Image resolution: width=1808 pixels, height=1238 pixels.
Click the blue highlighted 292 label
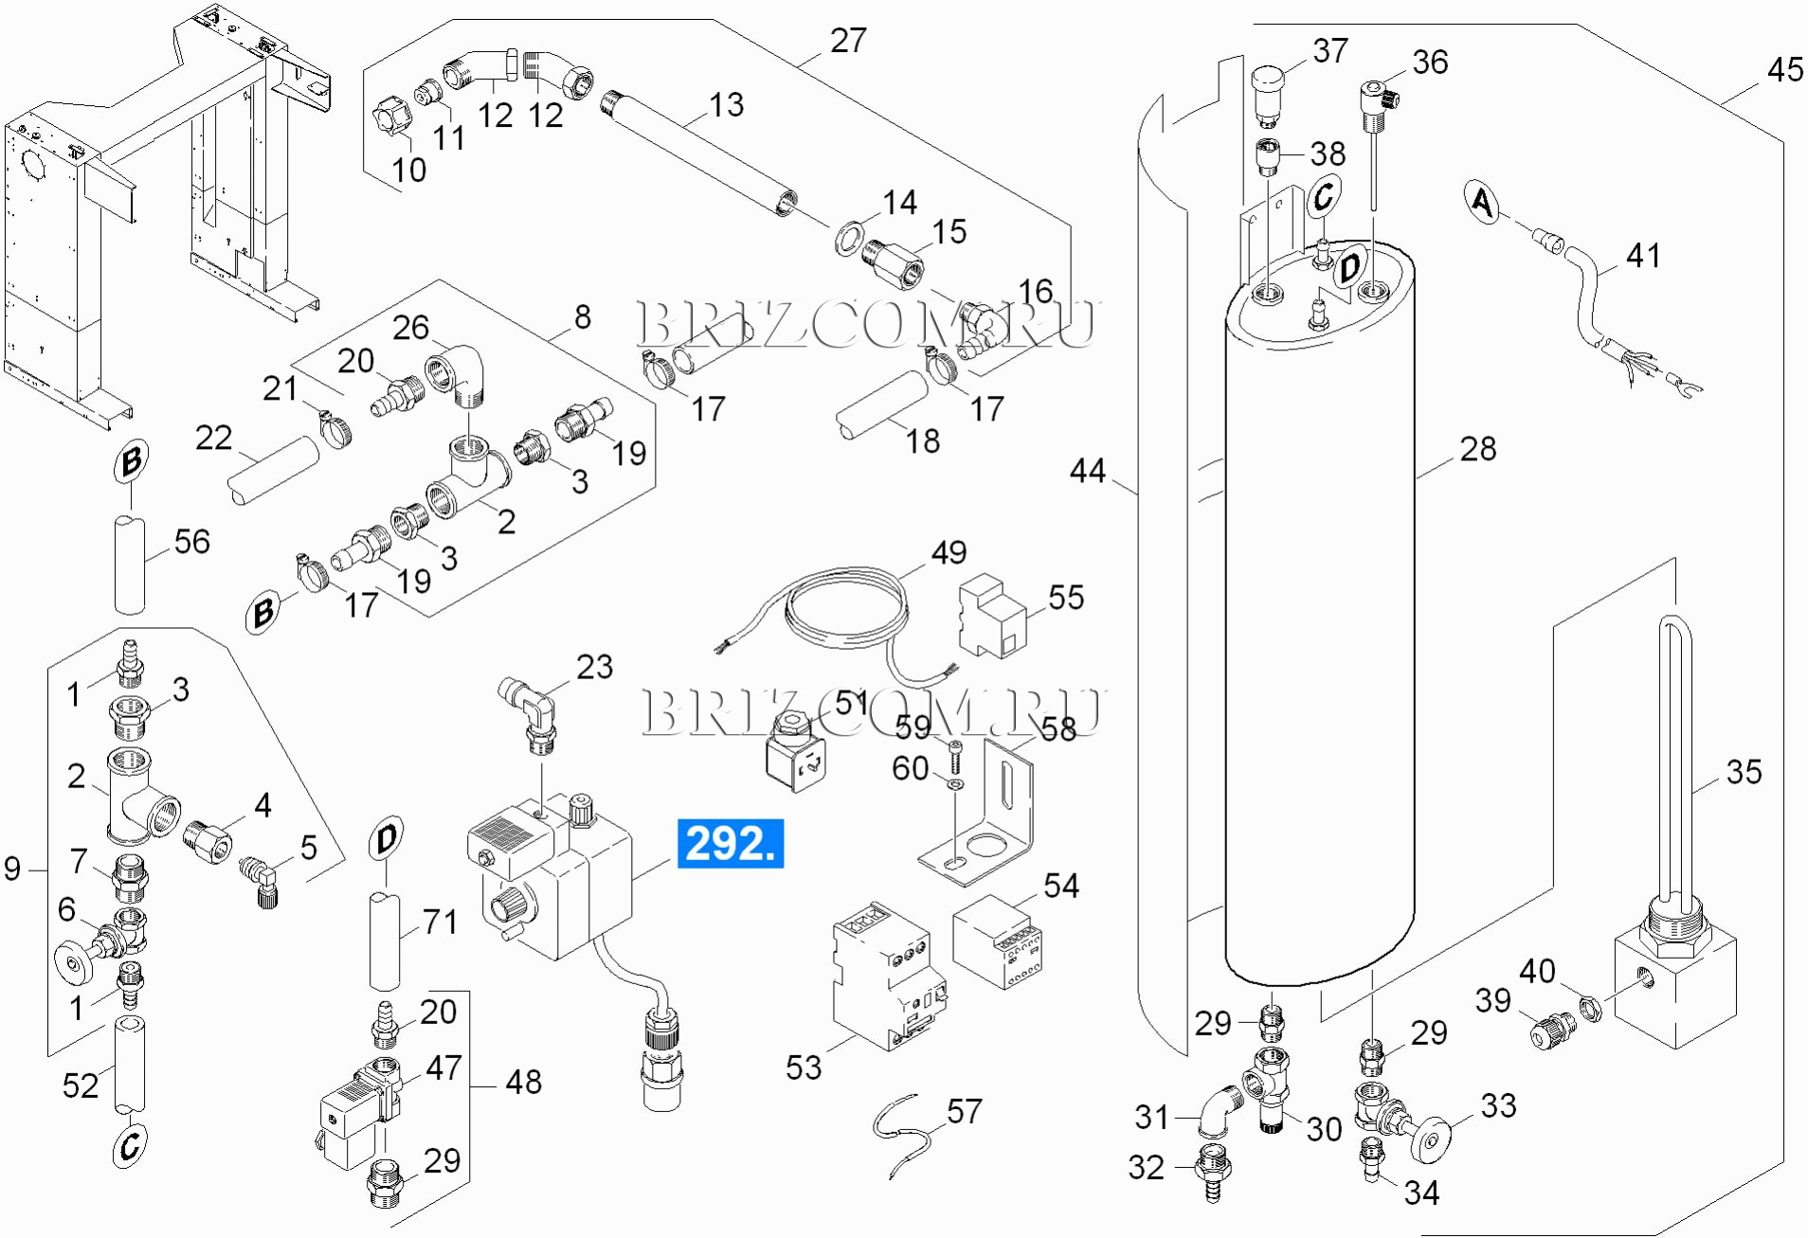pyautogui.click(x=730, y=843)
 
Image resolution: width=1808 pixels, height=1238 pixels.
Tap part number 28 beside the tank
pyautogui.click(x=1477, y=448)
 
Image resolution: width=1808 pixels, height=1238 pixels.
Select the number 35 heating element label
pyautogui.click(x=1744, y=771)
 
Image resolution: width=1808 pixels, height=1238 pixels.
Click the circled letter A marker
pyautogui.click(x=1483, y=203)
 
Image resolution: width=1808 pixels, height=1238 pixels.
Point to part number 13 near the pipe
pyautogui.click(x=726, y=105)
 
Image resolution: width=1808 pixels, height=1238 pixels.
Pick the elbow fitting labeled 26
pyautogui.click(x=461, y=374)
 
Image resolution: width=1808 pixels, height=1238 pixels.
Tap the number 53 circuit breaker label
pyautogui.click(x=804, y=1068)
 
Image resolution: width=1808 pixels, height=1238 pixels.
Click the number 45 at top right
pyautogui.click(x=1785, y=69)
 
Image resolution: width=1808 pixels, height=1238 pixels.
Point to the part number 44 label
pyautogui.click(x=1087, y=471)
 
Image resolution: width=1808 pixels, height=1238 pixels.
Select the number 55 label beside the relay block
pyautogui.click(x=1066, y=598)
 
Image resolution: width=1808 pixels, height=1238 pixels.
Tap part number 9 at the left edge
pyautogui.click(x=12, y=868)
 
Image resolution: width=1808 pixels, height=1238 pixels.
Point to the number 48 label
pyautogui.click(x=523, y=1082)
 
